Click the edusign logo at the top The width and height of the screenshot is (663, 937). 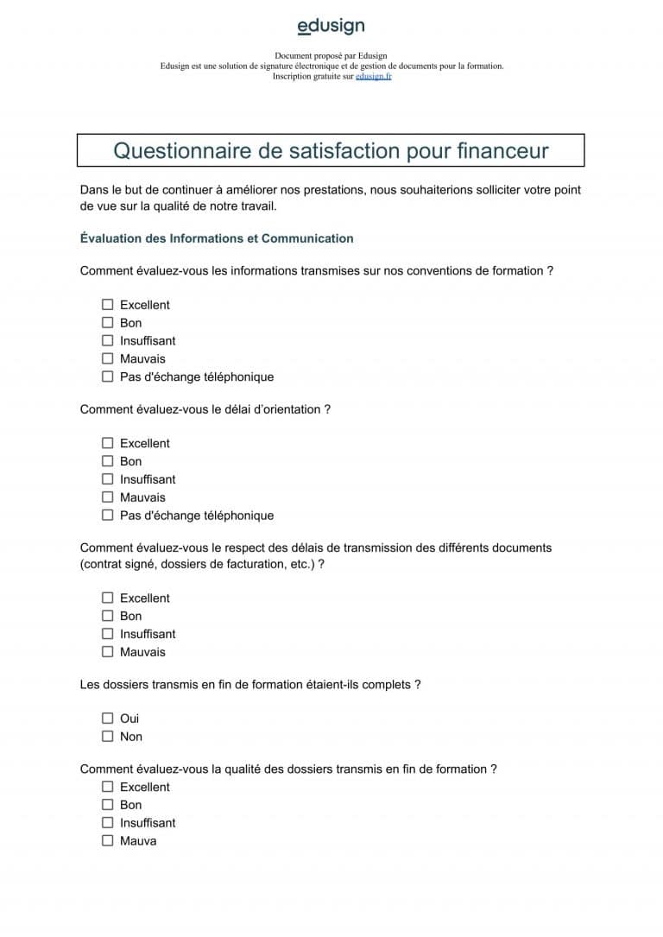[x=331, y=28]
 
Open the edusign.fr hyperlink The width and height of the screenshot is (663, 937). [x=373, y=76]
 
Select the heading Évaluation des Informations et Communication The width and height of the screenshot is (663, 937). [x=217, y=238]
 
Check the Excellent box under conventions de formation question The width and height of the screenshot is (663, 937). [x=108, y=305]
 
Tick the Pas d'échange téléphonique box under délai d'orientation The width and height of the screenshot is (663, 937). [x=108, y=516]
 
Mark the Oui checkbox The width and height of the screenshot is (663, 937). [x=108, y=719]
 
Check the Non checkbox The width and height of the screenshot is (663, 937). [x=108, y=737]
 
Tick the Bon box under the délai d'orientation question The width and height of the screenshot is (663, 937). [x=108, y=461]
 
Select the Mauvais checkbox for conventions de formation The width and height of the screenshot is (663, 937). [x=108, y=358]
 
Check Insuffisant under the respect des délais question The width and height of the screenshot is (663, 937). [x=108, y=634]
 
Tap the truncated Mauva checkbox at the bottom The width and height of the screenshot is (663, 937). [x=108, y=841]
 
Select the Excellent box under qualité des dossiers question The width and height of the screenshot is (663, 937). [x=108, y=787]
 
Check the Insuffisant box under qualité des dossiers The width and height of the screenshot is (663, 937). [x=108, y=823]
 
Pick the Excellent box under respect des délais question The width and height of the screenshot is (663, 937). [x=108, y=598]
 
